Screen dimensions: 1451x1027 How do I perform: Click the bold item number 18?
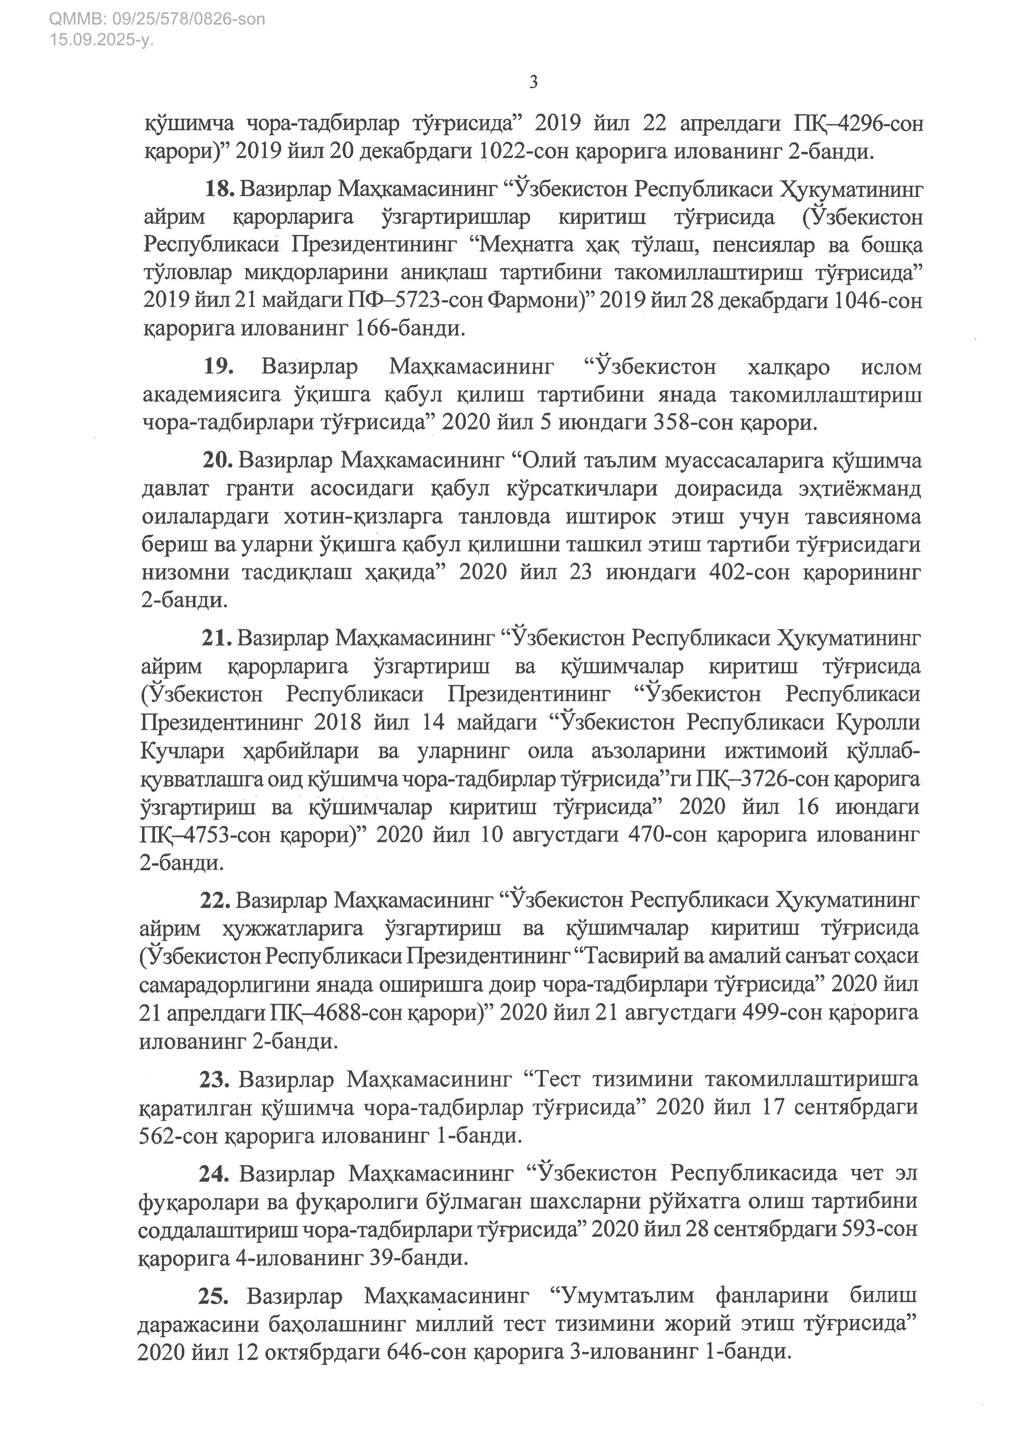coord(219,189)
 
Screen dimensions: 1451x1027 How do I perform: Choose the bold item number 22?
coord(216,900)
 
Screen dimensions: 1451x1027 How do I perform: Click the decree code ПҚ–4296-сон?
coord(858,124)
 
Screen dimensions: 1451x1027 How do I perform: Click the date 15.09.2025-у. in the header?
coord(101,40)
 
